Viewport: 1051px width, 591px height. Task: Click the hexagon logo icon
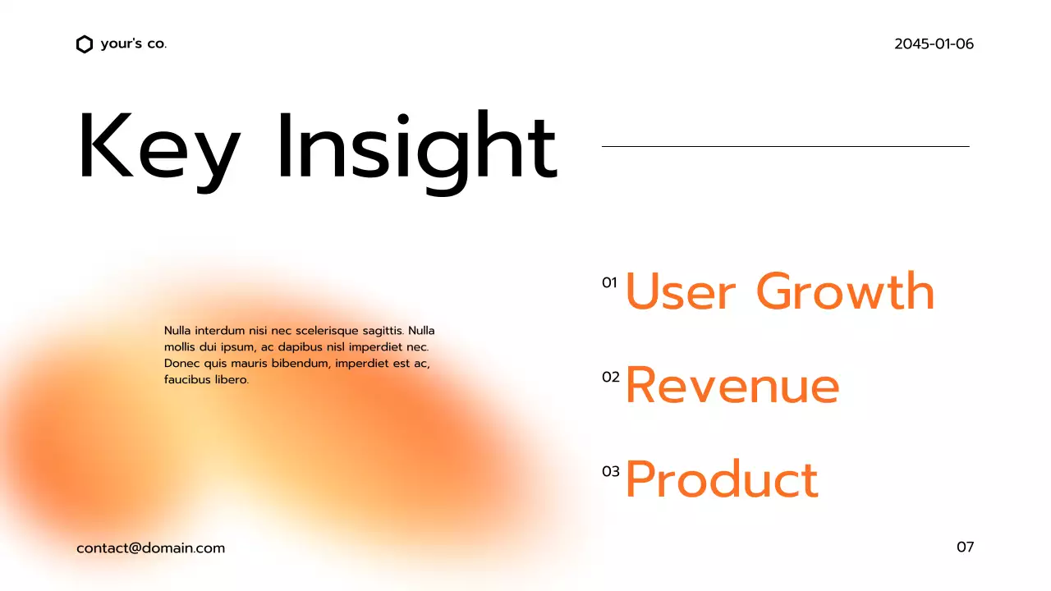click(84, 44)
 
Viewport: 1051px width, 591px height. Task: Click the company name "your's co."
click(133, 44)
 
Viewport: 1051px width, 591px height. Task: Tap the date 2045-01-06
click(934, 44)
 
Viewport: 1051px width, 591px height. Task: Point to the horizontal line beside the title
click(785, 146)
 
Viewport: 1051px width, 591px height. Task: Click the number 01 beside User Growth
click(609, 283)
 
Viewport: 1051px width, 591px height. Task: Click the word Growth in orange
click(845, 291)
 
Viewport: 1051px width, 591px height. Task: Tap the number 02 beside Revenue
click(610, 378)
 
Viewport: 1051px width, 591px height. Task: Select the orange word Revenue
click(732, 385)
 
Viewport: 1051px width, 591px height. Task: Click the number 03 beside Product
click(610, 471)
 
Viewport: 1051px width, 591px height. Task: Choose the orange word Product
click(722, 479)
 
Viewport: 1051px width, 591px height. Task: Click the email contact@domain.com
click(150, 547)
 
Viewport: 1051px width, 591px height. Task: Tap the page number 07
click(965, 547)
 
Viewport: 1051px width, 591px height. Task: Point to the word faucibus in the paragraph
click(188, 380)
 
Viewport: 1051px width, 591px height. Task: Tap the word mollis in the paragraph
click(181, 347)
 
